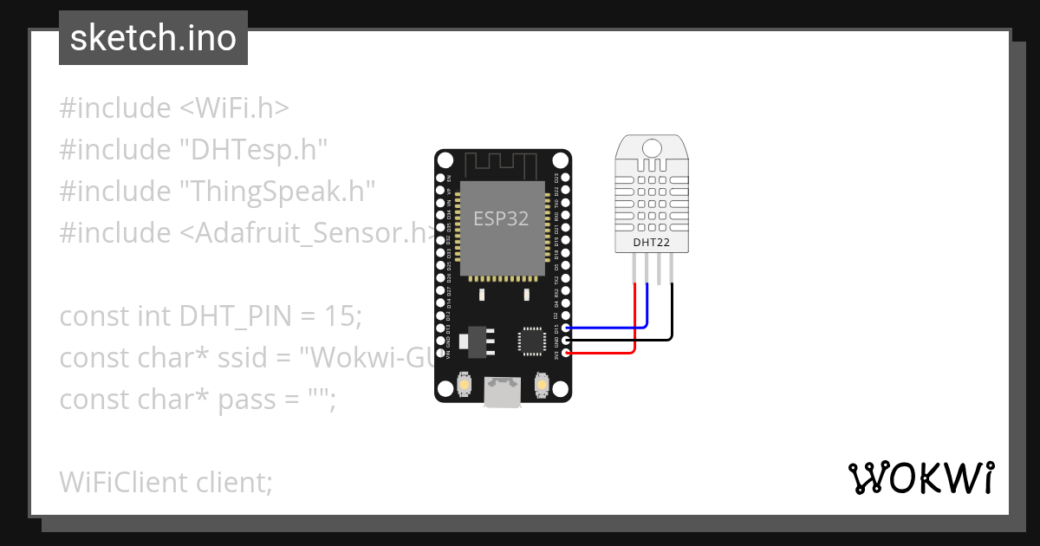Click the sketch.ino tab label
(153, 38)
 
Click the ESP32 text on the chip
(501, 218)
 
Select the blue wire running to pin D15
(607, 328)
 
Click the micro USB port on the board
(502, 392)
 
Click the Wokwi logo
(920, 478)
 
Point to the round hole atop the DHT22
(652, 148)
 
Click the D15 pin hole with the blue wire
(566, 328)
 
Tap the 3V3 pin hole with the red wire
(566, 353)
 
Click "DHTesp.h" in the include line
(253, 150)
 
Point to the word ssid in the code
(255, 357)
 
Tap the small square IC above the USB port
(530, 341)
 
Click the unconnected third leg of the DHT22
(660, 270)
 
